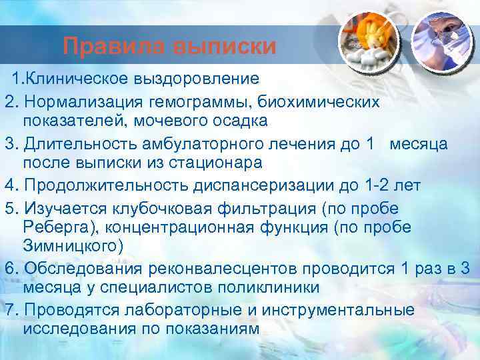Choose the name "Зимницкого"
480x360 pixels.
pyautogui.click(x=73, y=247)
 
